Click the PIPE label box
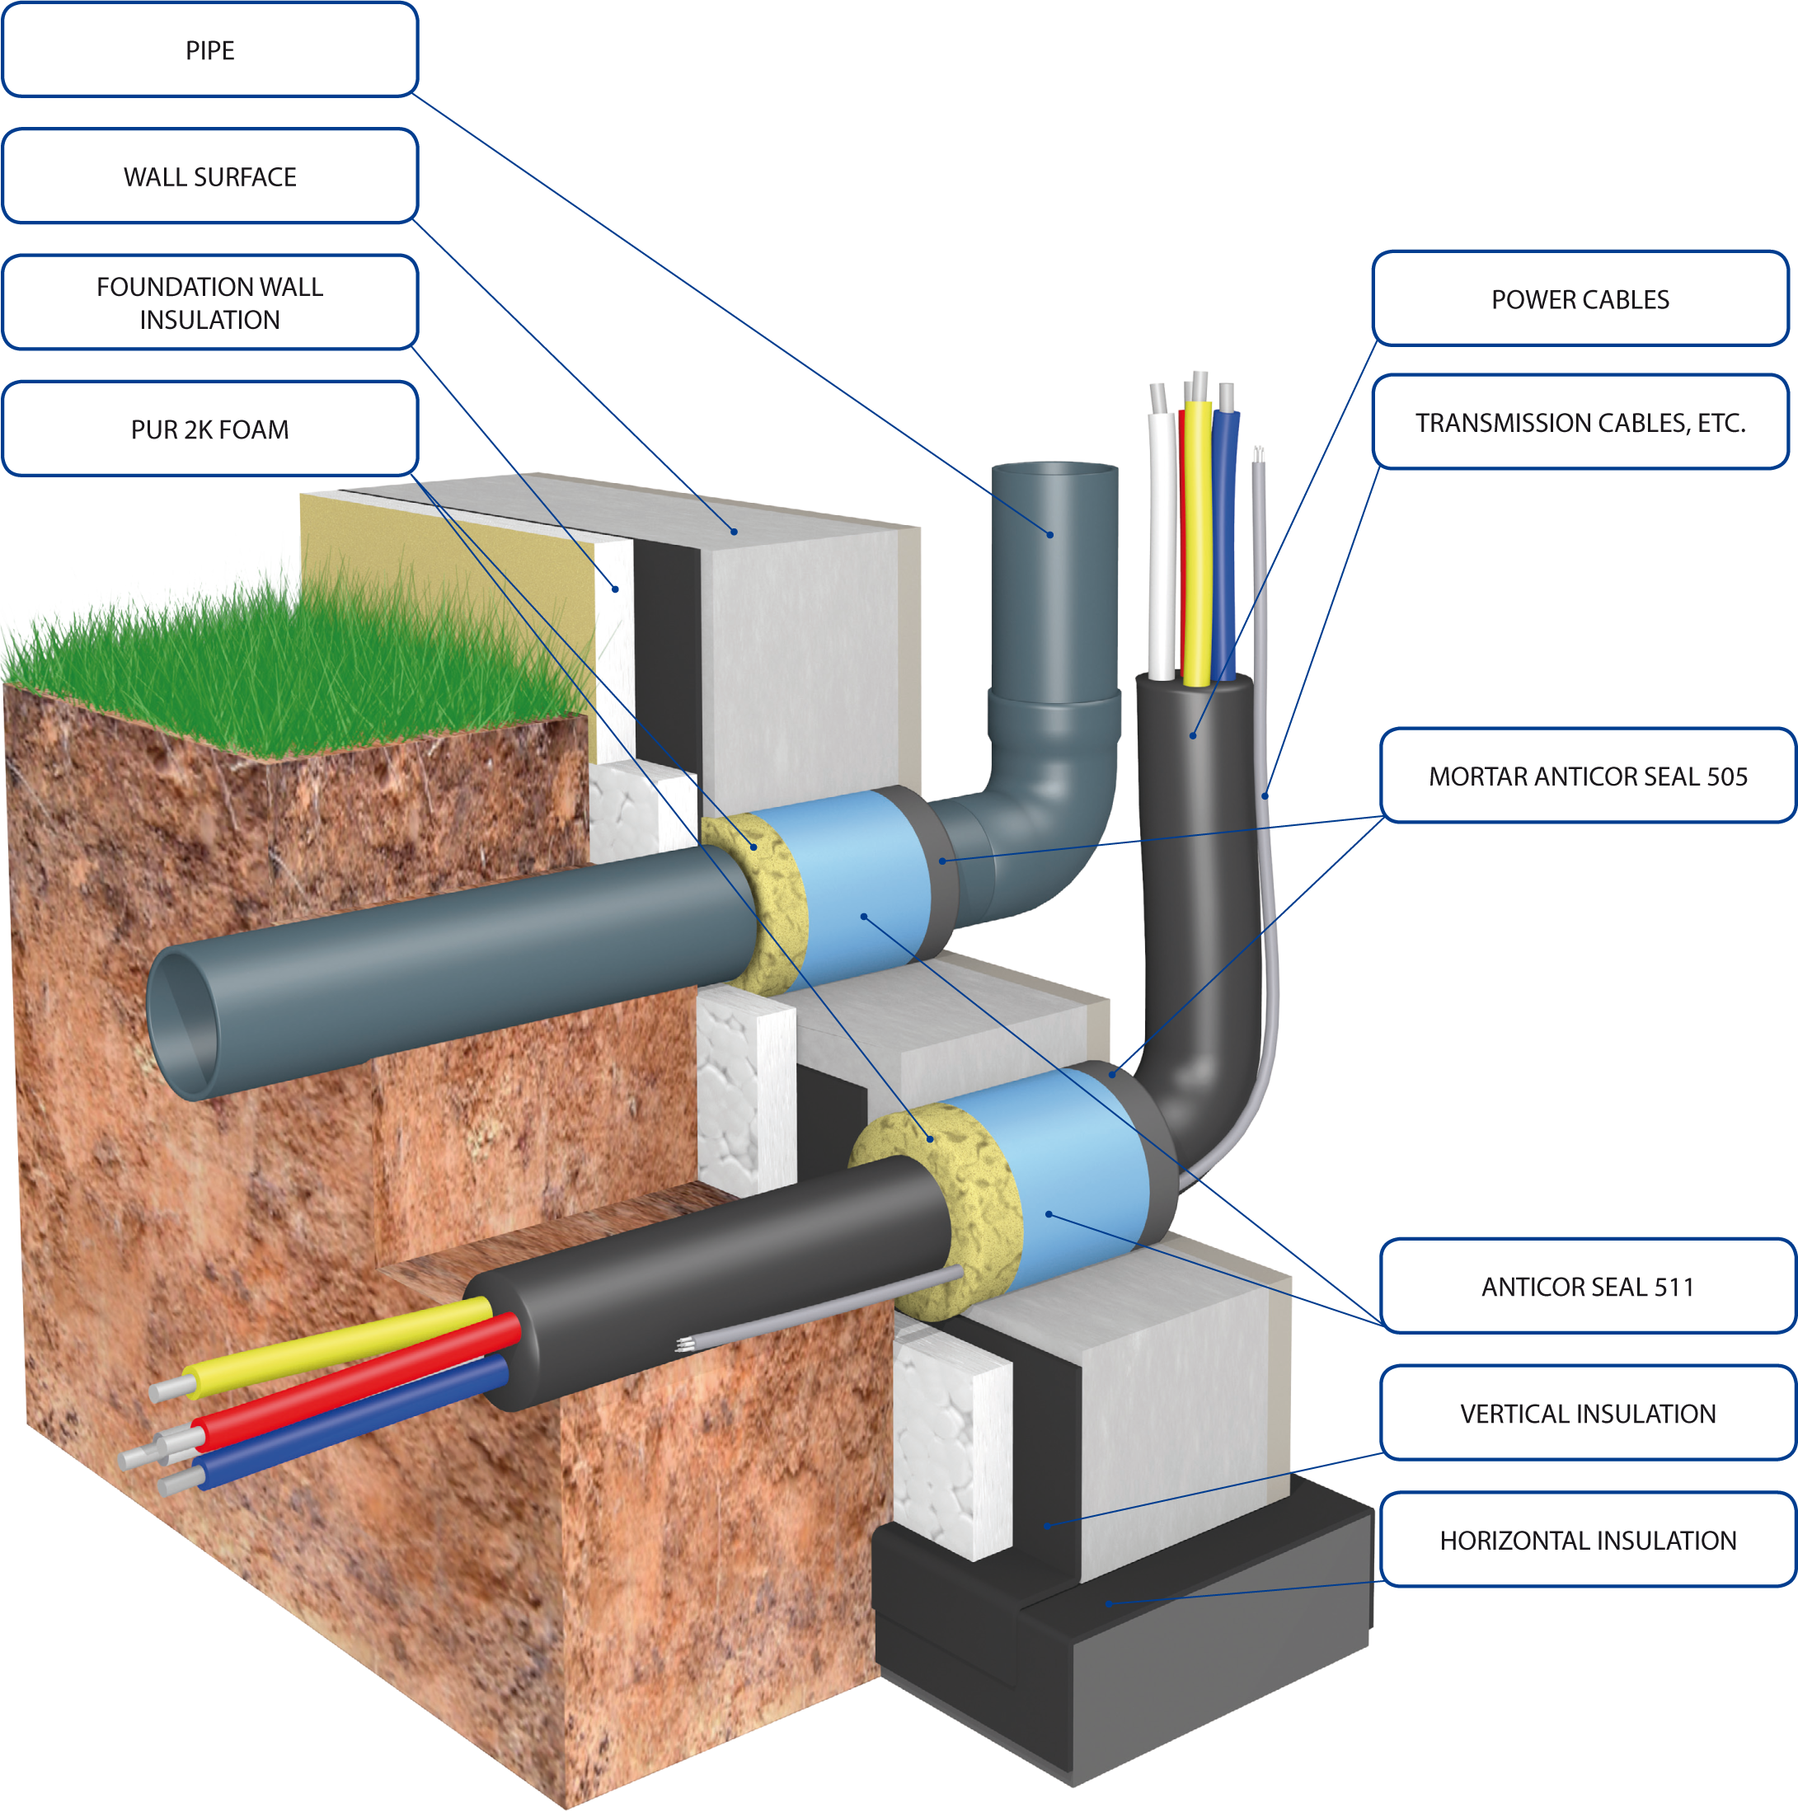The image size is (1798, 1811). pyautogui.click(x=210, y=49)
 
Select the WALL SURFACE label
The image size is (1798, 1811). pyautogui.click(x=210, y=176)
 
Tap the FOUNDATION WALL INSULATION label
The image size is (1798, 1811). pyautogui.click(x=210, y=302)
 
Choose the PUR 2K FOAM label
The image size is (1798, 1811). pyautogui.click(x=210, y=429)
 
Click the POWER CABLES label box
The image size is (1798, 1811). pyautogui.click(x=1580, y=299)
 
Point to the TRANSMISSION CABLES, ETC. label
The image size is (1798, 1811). pyautogui.click(x=1580, y=423)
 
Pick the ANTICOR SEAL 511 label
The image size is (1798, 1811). pyautogui.click(x=1587, y=1286)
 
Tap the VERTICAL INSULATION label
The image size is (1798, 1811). pyautogui.click(x=1587, y=1413)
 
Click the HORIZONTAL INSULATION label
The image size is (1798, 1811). pyautogui.click(x=1587, y=1539)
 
